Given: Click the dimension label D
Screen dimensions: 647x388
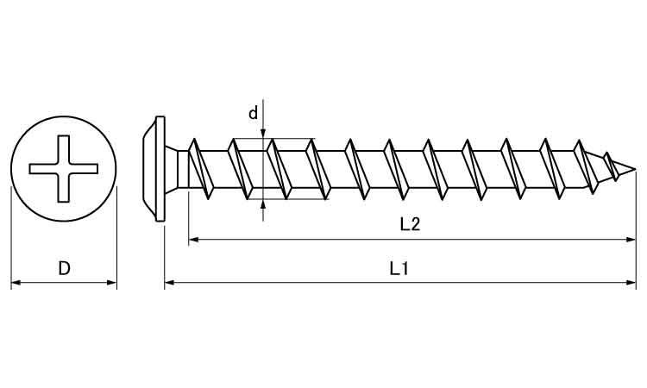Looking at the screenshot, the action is [x=64, y=268].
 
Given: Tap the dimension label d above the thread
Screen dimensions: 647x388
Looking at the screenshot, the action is [x=253, y=113].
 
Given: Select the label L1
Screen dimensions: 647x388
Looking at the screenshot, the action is [x=399, y=269].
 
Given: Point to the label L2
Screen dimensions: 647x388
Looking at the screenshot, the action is [x=410, y=224].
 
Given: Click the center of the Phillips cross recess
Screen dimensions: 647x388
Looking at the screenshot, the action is [x=64, y=169].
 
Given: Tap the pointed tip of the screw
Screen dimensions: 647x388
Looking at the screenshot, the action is [x=635, y=169].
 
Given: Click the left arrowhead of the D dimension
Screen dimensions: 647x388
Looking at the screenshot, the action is [x=16, y=283].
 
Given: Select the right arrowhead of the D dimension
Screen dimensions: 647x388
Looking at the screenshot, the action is [x=112, y=283].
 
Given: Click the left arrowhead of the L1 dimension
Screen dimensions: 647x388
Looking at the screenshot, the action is [x=170, y=283].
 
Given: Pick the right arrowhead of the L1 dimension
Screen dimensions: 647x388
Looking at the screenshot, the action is [x=631, y=283].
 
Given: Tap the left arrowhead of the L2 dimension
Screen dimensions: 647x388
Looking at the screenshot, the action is [x=193, y=239].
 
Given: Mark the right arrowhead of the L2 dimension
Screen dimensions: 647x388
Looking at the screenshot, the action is [x=631, y=239].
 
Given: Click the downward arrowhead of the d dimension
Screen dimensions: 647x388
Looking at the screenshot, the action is [x=263, y=133].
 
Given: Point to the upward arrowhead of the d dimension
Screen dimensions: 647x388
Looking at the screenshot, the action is [x=263, y=204].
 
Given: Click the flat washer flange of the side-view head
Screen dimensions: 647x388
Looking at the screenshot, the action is [x=160, y=169].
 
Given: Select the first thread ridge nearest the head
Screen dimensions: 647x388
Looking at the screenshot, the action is [x=200, y=169].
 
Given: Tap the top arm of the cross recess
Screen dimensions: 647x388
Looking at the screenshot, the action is [x=64, y=149].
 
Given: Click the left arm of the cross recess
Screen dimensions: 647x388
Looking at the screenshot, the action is [x=43, y=169].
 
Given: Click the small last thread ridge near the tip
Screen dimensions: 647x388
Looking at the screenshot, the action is [x=611, y=166].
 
